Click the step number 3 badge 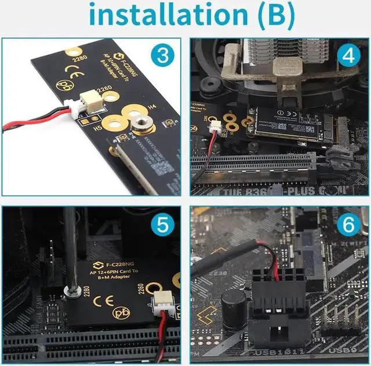pos(163,56)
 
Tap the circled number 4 pos(348,56)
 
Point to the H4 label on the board pos(152,107)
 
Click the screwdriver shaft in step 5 pos(70,249)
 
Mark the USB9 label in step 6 pos(343,350)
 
